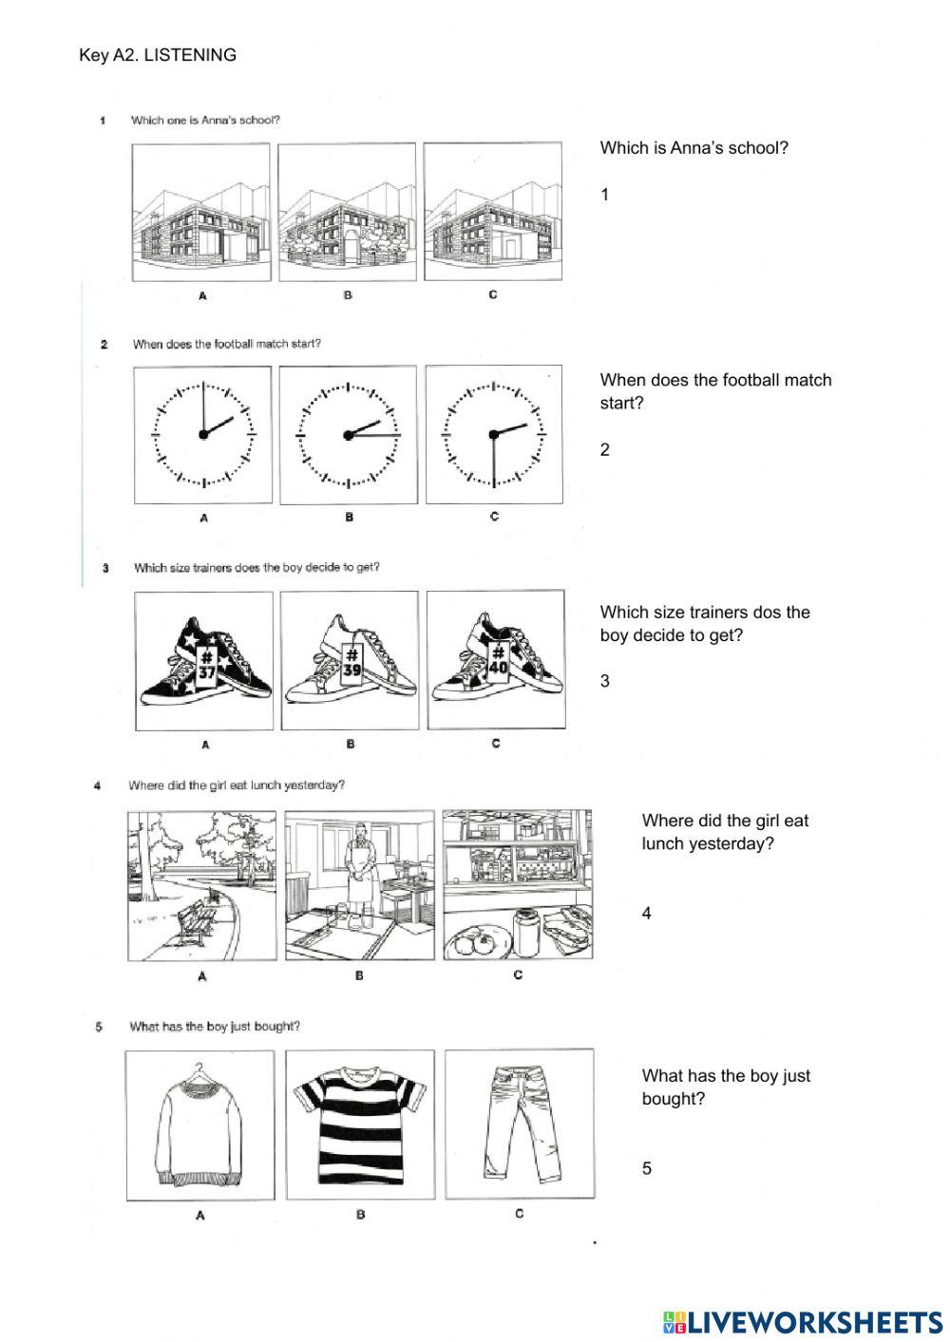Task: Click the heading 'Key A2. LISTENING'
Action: (x=158, y=55)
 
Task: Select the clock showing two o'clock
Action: (x=203, y=434)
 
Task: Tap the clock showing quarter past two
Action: (x=348, y=434)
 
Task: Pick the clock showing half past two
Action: (x=493, y=434)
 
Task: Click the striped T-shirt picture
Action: (x=359, y=1124)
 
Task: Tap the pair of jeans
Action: (x=520, y=1124)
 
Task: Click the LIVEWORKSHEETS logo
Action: (x=802, y=1321)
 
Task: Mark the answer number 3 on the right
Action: (x=605, y=681)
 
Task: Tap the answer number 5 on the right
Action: (x=647, y=1168)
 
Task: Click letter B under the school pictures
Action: (x=348, y=295)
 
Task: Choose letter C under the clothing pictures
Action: (x=519, y=1213)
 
